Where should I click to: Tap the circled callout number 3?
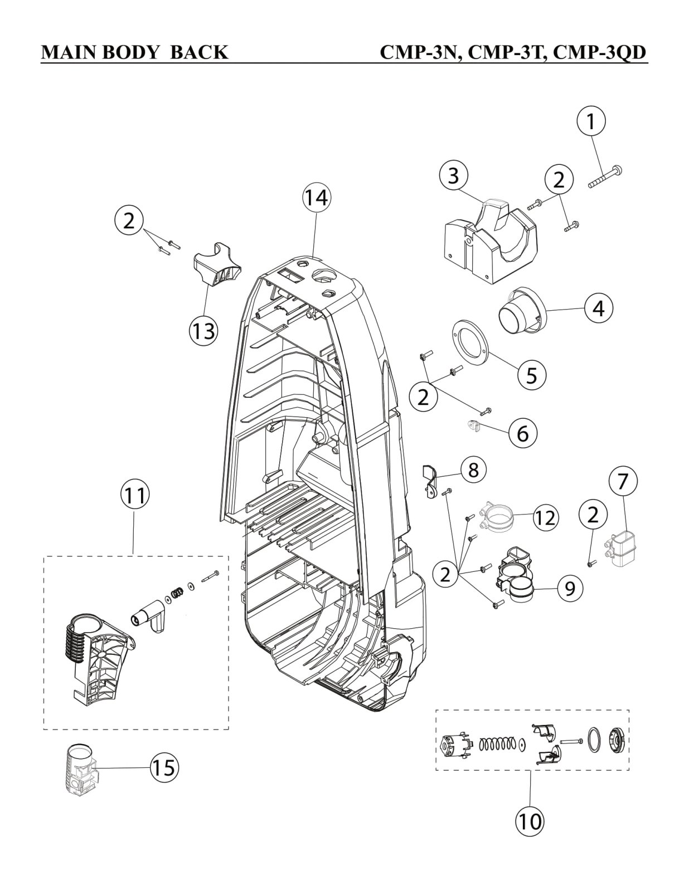[x=453, y=175]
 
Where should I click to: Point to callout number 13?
[x=202, y=331]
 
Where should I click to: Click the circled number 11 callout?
[x=134, y=495]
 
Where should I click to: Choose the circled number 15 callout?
[x=164, y=768]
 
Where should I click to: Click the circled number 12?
[x=545, y=518]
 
